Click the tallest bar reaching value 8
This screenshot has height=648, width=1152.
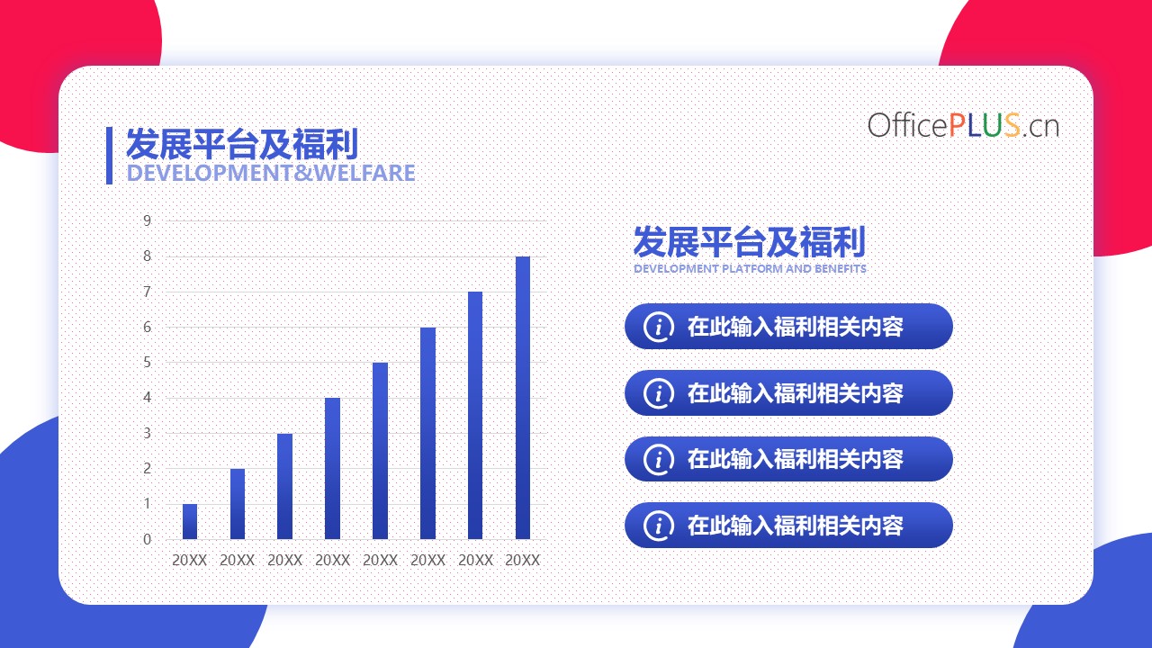tap(523, 398)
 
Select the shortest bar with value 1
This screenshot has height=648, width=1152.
tap(190, 521)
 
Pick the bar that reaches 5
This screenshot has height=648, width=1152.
tap(380, 451)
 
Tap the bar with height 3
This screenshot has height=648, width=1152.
tap(285, 486)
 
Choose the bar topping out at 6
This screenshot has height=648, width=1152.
tap(427, 433)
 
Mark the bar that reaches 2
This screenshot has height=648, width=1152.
tap(238, 504)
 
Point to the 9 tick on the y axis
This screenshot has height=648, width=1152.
tap(148, 221)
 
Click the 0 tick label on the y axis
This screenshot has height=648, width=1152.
tap(148, 539)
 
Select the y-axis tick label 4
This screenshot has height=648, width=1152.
tap(148, 398)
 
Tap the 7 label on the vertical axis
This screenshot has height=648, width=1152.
tap(148, 292)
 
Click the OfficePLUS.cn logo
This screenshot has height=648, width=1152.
tap(963, 125)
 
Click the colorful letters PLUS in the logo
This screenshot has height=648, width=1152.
tap(985, 125)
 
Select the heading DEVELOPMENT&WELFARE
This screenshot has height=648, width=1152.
tap(271, 173)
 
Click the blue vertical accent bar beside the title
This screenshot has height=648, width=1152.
tap(109, 156)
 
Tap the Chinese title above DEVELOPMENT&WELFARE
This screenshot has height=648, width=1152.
tap(242, 145)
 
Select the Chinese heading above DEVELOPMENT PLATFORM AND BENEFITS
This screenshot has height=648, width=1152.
tap(750, 242)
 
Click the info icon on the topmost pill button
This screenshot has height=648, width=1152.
tap(658, 327)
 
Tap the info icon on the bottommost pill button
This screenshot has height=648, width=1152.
tap(658, 526)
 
